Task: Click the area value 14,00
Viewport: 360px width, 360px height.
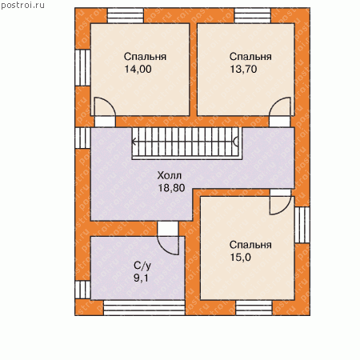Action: coord(138,69)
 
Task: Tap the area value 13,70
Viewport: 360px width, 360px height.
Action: coord(243,69)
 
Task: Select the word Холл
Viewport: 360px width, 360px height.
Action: coord(170,175)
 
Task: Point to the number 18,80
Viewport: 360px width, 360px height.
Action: coord(171,188)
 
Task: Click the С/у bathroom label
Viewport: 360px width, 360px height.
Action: coord(142,266)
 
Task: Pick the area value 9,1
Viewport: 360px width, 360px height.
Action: coord(141,278)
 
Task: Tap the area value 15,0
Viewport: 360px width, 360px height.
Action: coord(240,258)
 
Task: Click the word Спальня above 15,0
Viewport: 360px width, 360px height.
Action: coord(250,245)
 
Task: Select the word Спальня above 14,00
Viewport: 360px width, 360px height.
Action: coord(145,57)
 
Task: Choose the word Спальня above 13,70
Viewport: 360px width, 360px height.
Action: coord(250,57)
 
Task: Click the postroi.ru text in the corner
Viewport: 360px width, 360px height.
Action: coord(22,6)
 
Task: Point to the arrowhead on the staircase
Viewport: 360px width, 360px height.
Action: coord(134,142)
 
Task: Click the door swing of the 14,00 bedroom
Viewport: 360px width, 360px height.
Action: coord(110,102)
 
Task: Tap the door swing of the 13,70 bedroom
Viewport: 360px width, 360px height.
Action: coord(274,102)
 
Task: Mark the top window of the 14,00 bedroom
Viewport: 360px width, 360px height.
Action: coord(126,16)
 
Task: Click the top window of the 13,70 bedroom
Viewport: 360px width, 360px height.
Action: coord(253,16)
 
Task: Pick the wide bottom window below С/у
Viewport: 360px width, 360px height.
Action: coord(144,308)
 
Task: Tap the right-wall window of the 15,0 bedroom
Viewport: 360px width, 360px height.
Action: coord(302,225)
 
